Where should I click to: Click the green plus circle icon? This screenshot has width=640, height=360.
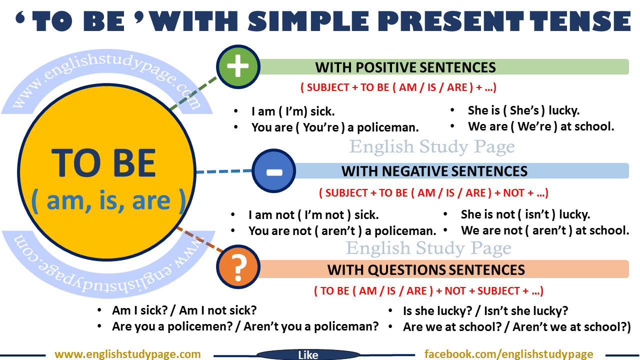(x=237, y=66)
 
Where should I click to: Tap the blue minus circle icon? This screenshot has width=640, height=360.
(x=273, y=171)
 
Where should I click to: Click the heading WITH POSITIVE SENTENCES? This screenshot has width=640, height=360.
(x=405, y=67)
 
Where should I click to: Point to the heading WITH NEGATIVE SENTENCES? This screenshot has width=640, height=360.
(x=434, y=171)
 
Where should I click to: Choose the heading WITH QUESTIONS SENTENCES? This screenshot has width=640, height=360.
(x=426, y=270)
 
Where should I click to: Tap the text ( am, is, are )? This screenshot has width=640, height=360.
(x=108, y=200)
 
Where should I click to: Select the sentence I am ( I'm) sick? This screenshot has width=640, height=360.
(x=293, y=111)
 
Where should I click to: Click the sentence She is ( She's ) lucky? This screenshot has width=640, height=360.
(x=523, y=110)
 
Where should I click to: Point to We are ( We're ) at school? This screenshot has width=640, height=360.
(x=541, y=126)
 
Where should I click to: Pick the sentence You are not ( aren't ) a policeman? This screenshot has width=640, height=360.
(x=342, y=231)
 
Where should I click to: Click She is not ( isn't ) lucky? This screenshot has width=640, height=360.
(x=525, y=214)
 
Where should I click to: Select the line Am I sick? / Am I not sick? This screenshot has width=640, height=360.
(x=184, y=310)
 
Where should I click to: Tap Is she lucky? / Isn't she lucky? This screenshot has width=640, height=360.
(x=485, y=310)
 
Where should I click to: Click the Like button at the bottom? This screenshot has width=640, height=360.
(x=307, y=354)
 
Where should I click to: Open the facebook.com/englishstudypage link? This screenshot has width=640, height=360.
(x=508, y=354)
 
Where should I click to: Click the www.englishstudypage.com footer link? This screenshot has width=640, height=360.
(x=127, y=354)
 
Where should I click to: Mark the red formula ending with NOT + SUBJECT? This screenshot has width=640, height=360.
(x=428, y=290)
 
